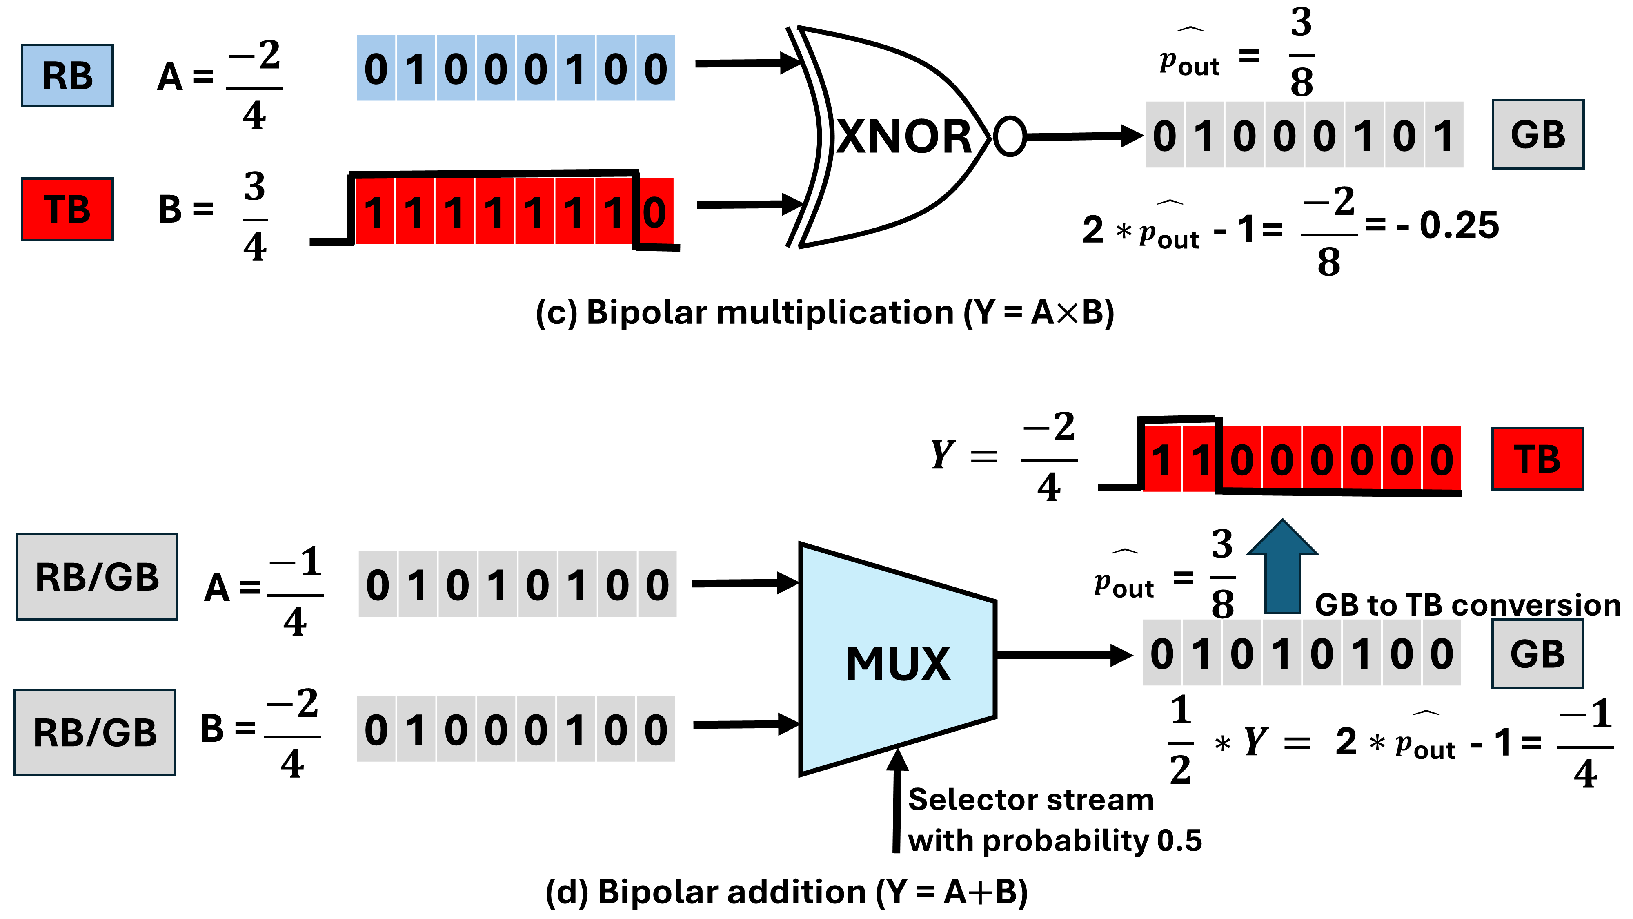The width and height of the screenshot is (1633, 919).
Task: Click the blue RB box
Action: click(67, 76)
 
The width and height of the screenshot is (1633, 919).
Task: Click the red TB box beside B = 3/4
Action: click(67, 209)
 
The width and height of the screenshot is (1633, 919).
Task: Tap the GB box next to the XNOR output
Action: click(1538, 134)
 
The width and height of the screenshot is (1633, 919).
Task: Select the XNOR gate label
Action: click(904, 136)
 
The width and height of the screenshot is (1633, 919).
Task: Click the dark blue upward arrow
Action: click(1282, 567)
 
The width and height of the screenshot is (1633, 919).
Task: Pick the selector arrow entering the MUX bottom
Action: click(897, 801)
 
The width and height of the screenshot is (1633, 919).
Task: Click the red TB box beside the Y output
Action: click(1538, 459)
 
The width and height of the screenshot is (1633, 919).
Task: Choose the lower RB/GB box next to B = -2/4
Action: click(95, 732)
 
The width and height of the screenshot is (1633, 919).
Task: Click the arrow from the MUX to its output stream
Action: click(1065, 655)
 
